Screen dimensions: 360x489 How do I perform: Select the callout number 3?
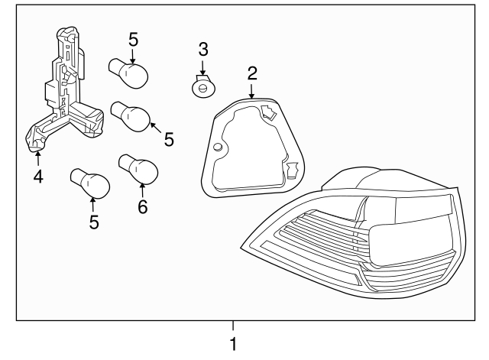(x=202, y=50)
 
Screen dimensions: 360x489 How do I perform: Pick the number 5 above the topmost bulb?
(x=133, y=40)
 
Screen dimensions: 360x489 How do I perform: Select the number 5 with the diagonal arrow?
(x=169, y=139)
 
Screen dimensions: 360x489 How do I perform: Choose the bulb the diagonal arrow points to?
(x=131, y=116)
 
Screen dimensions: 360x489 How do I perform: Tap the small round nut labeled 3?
(x=201, y=87)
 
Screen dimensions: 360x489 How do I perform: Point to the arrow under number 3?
(x=202, y=68)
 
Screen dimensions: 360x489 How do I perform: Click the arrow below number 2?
(x=251, y=92)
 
